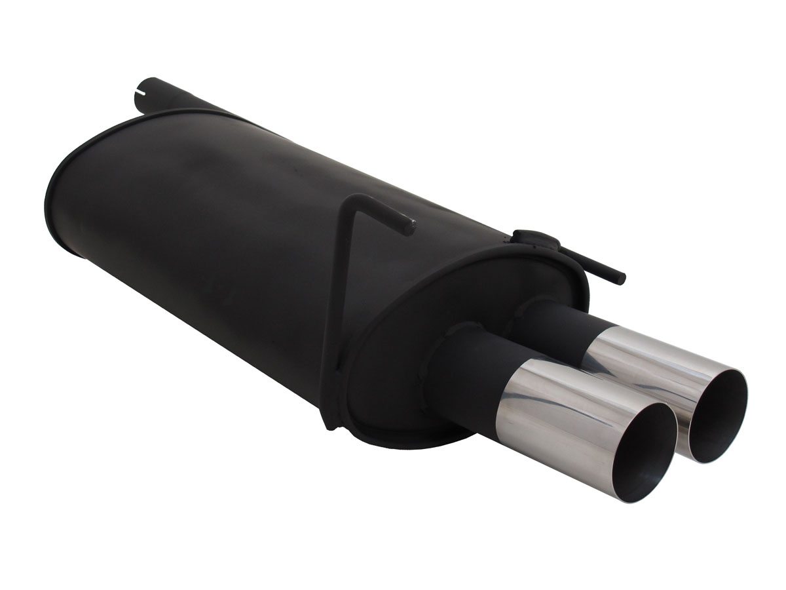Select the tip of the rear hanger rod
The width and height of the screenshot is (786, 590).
620,279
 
